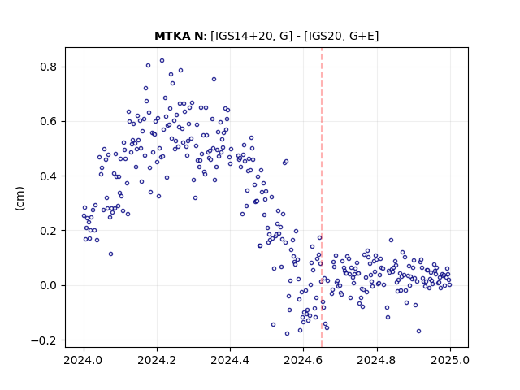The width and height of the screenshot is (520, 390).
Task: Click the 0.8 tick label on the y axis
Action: click(49, 67)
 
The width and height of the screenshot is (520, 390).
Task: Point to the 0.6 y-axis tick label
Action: click(49, 121)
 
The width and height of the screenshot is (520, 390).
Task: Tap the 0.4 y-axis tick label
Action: click(49, 176)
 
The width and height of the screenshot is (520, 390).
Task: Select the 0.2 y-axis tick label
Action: click(49, 231)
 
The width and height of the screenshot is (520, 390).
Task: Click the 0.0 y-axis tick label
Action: click(49, 285)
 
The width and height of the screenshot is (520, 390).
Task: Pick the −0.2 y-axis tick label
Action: click(44, 340)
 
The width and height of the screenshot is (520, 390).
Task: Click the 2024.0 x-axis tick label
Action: click(84, 360)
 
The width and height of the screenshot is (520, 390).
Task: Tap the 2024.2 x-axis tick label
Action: click(157, 360)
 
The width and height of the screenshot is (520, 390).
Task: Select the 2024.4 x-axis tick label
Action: click(230, 360)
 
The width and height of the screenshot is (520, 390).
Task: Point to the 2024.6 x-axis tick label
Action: click(303, 360)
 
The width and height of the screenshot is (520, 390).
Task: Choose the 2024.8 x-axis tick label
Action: click(377, 360)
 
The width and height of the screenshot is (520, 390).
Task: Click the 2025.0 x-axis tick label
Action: click(450, 360)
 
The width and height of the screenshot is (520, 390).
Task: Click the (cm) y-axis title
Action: click(19, 198)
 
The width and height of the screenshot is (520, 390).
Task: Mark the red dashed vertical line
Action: click(322, 197)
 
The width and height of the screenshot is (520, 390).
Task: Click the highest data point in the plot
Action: click(162, 61)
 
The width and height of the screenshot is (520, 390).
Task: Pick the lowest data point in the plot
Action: click(287, 333)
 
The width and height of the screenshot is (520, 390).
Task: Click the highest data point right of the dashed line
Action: click(392, 240)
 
